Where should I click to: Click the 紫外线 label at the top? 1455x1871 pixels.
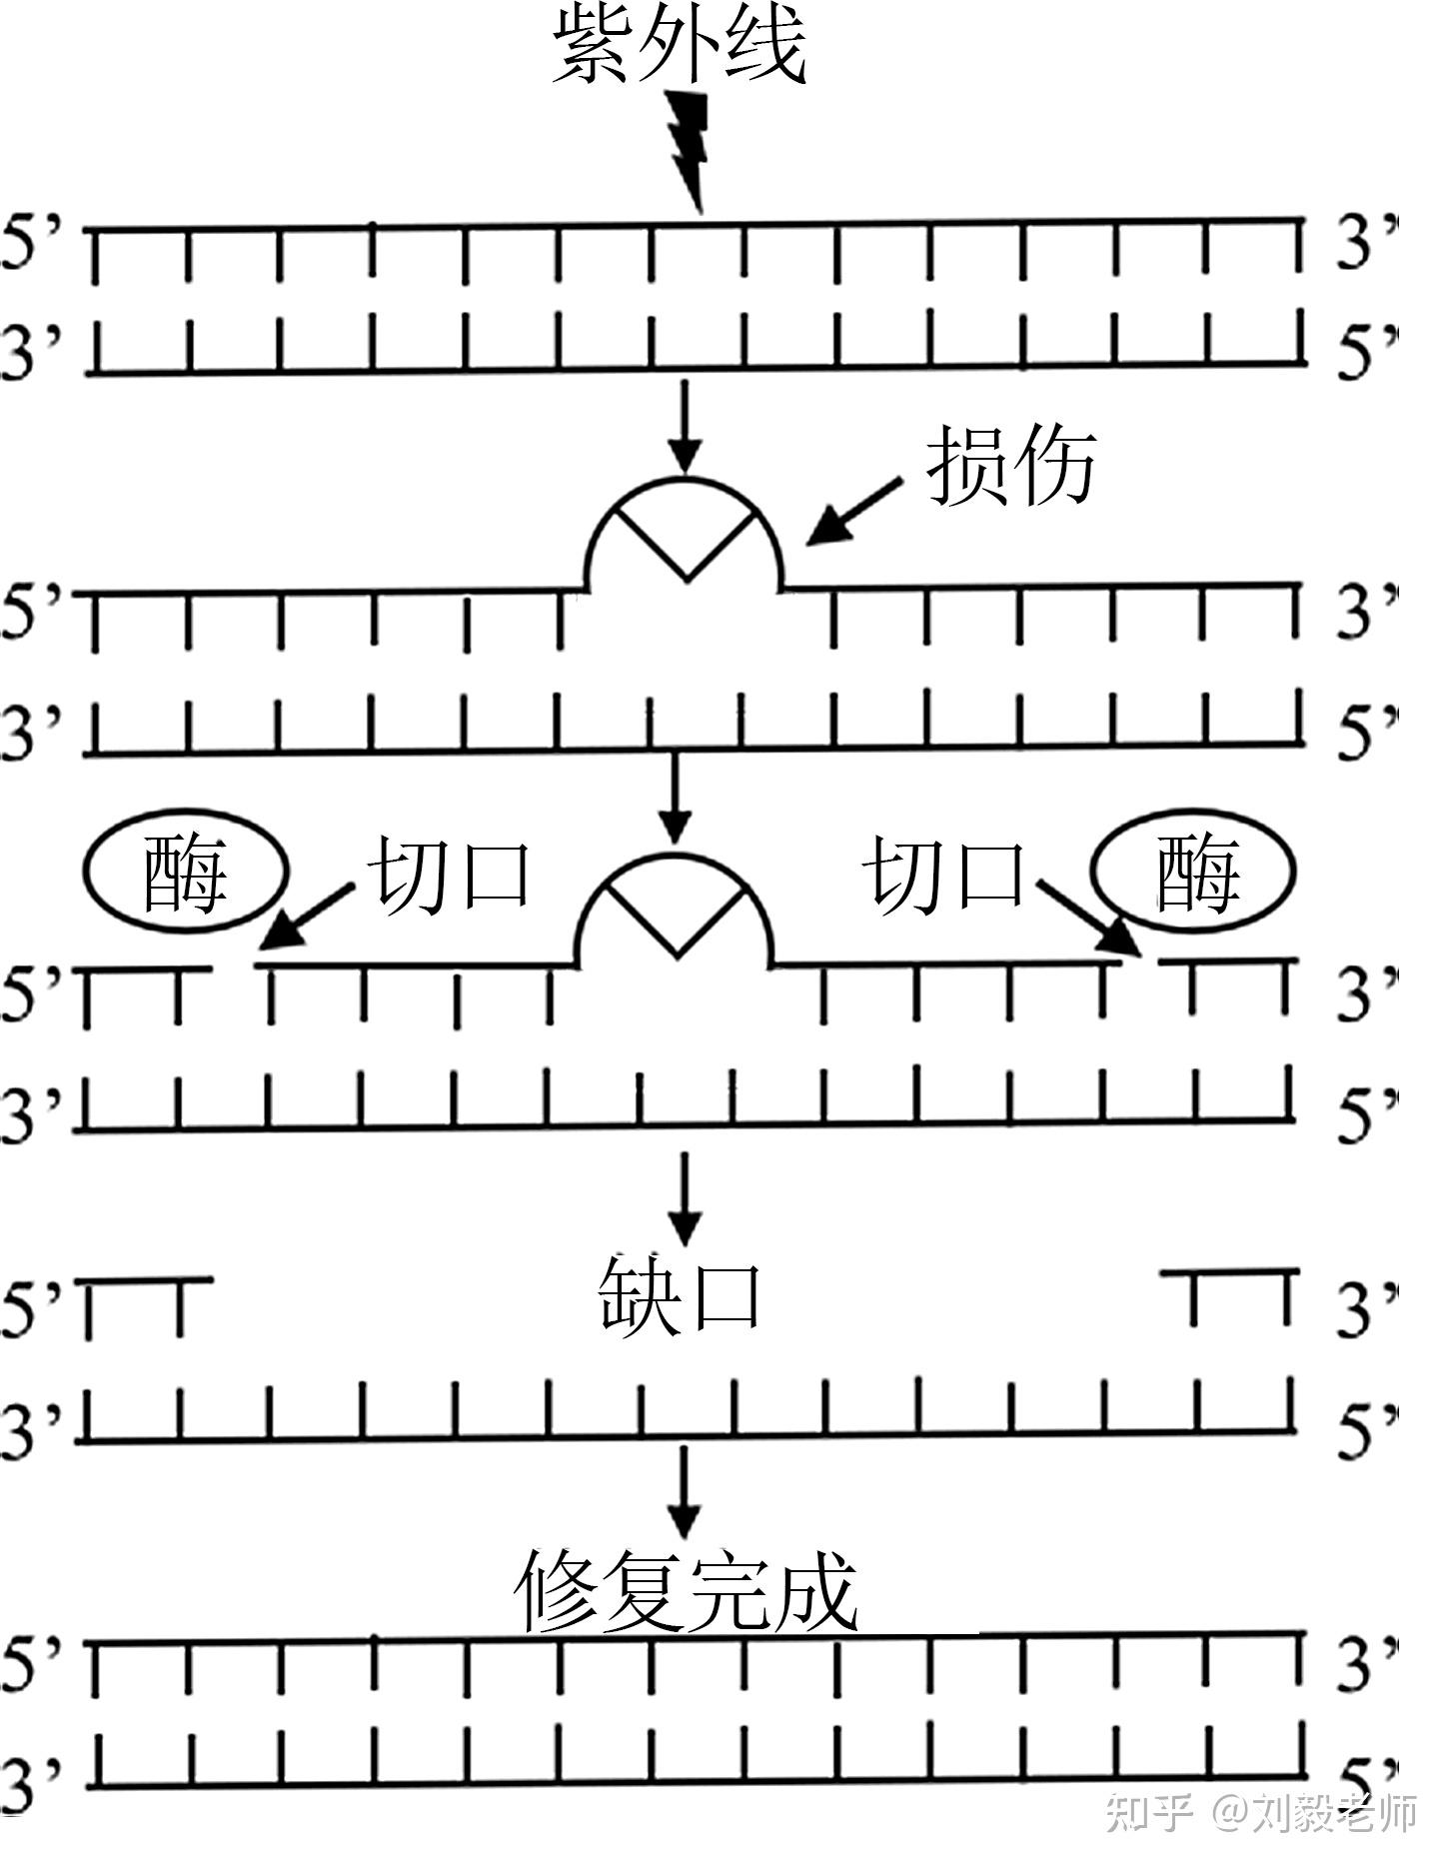coord(680,47)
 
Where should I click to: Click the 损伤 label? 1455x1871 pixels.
coord(1011,466)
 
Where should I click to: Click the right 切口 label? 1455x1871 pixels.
coord(944,876)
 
